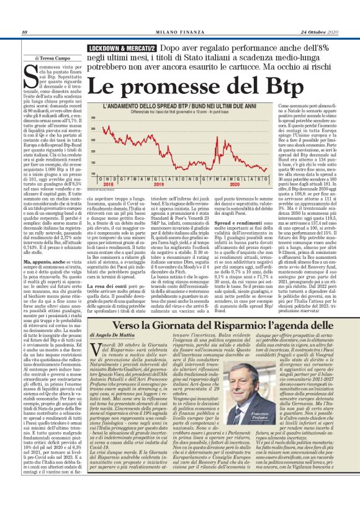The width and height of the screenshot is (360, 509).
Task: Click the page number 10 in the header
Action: [24, 32]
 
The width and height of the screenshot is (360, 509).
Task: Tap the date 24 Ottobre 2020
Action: [321, 32]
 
